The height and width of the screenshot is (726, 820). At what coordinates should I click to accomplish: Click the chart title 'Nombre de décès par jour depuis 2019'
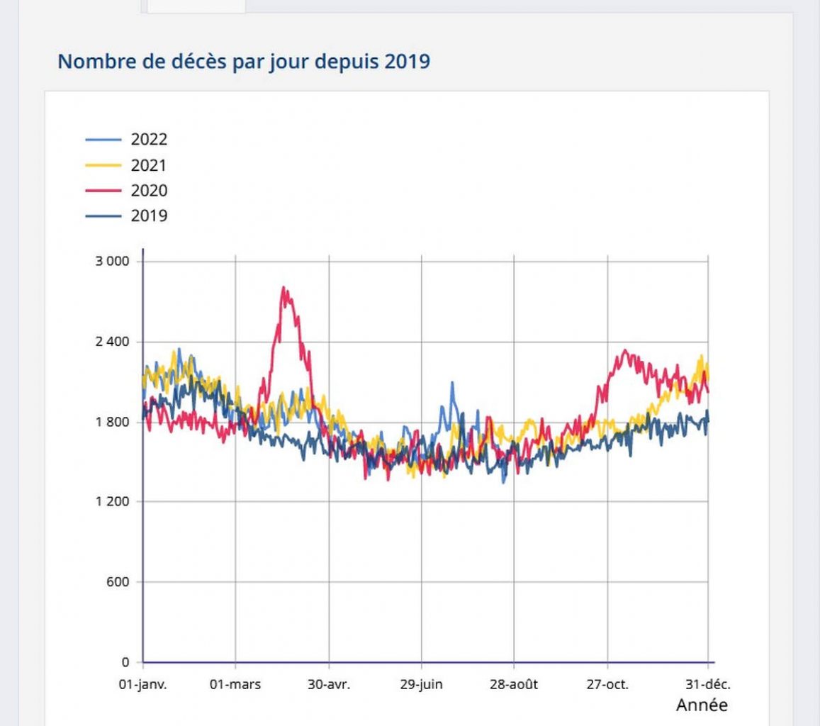[x=243, y=61]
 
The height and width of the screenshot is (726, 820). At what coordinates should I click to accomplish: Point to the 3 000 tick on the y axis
[x=113, y=261]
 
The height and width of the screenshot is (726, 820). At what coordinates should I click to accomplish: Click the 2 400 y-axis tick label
[x=113, y=342]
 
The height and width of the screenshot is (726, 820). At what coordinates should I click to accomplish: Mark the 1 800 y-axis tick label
[x=113, y=422]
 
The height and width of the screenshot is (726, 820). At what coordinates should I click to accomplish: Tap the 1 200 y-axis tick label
[x=113, y=502]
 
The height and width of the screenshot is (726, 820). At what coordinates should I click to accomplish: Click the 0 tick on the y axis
[x=125, y=662]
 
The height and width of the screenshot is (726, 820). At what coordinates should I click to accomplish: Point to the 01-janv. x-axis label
[x=142, y=684]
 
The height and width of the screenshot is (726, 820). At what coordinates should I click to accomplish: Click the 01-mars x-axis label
[x=235, y=684]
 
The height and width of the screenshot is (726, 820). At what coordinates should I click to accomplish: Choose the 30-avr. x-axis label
[x=329, y=684]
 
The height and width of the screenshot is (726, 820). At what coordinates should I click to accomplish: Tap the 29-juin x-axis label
[x=422, y=684]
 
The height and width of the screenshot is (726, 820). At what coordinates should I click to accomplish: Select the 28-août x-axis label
[x=514, y=684]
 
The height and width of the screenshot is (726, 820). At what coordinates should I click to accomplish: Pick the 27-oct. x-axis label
[x=607, y=684]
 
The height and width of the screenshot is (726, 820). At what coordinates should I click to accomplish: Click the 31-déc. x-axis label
[x=708, y=684]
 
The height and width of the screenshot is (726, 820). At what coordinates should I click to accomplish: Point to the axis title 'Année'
[x=702, y=705]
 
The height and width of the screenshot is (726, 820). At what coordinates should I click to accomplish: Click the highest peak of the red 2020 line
[x=283, y=288]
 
